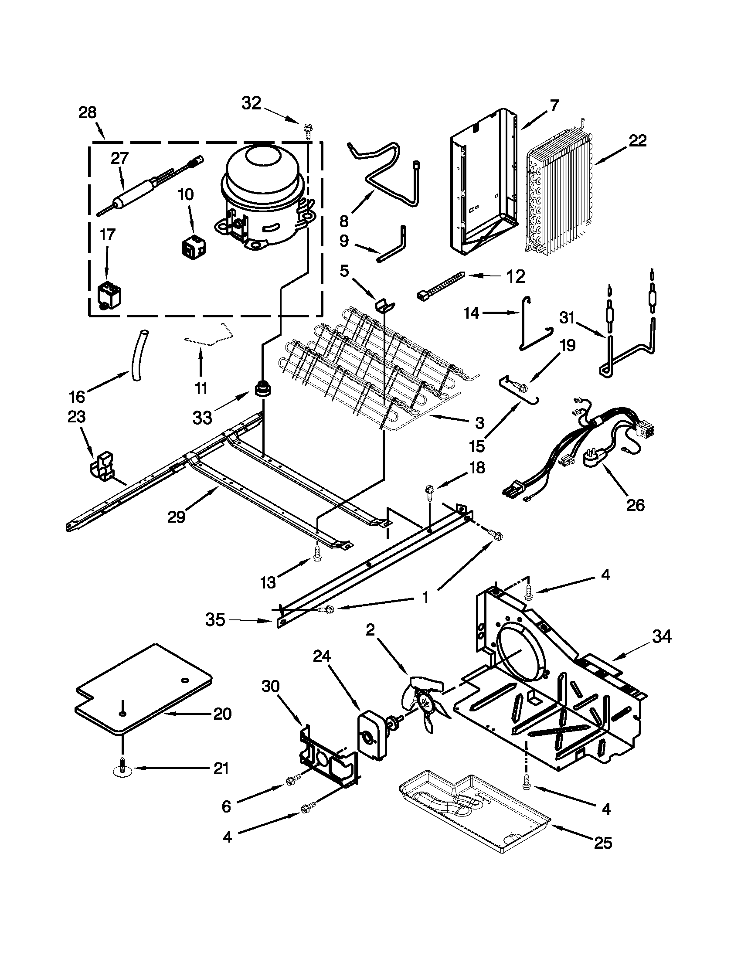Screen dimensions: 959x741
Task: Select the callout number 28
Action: tap(87, 113)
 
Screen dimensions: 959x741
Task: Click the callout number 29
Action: tap(177, 517)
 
